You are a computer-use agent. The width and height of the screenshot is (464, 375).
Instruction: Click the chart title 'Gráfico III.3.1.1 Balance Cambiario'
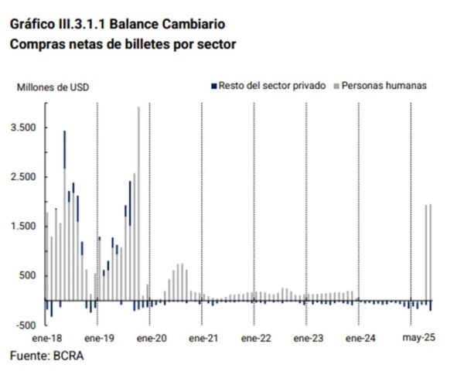[118, 24]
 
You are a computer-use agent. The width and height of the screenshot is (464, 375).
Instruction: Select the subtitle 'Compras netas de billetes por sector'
[123, 44]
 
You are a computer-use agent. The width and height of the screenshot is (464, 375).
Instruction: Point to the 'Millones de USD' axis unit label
[53, 87]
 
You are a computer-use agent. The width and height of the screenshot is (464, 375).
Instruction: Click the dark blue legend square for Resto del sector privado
[214, 86]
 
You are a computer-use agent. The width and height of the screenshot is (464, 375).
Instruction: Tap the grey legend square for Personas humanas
[336, 86]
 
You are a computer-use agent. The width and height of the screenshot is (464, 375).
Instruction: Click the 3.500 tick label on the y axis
[23, 128]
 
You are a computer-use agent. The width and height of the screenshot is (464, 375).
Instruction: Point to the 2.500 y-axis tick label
[23, 177]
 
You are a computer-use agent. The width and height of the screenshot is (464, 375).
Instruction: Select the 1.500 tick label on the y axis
[23, 227]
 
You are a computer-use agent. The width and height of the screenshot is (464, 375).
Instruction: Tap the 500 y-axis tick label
[28, 275]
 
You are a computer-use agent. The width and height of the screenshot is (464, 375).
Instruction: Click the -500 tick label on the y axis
[26, 326]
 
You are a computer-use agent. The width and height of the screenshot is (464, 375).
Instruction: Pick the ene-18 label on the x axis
[47, 338]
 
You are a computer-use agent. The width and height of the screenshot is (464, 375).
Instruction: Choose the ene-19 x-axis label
[100, 338]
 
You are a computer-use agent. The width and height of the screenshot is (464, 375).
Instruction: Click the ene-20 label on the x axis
[152, 338]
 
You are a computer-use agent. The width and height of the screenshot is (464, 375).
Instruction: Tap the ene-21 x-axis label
[203, 338]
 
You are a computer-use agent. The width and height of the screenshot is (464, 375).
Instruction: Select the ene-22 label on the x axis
[256, 338]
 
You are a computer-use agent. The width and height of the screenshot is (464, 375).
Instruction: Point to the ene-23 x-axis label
[309, 338]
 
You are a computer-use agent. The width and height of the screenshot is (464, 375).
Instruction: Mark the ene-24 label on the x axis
[360, 338]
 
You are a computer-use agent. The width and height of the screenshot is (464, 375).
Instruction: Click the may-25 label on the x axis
[418, 338]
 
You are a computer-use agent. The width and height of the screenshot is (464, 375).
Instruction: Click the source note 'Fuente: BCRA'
[47, 356]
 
